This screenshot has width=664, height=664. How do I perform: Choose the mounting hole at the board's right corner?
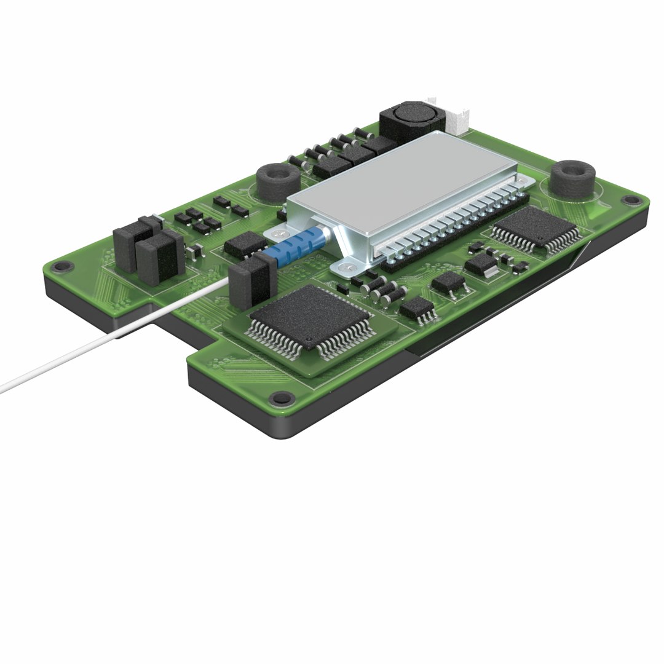[628, 200]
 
